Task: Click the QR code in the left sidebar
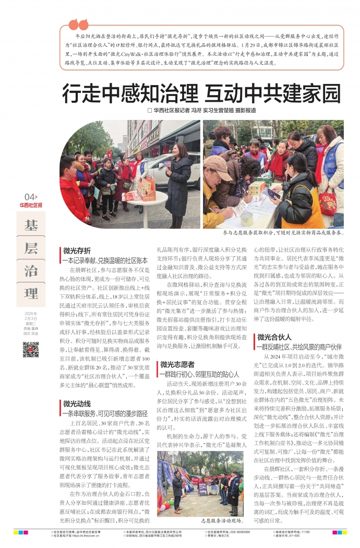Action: [x=30, y=349]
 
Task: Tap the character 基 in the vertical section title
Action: [x=31, y=225]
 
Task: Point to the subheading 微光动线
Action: [x=77, y=403]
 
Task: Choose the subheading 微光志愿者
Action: [x=177, y=364]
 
